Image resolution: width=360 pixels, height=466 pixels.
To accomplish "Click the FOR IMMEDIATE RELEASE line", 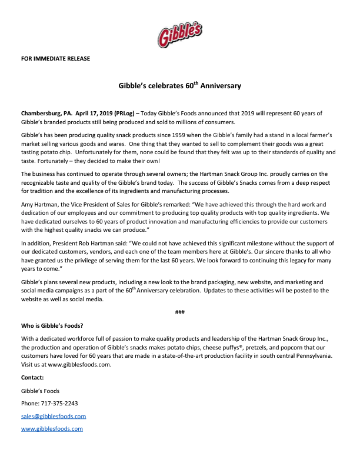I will click(x=55, y=58).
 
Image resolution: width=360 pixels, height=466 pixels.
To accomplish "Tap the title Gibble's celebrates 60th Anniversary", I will click(x=180, y=86).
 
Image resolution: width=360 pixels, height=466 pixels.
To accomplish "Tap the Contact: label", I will click(x=32, y=377).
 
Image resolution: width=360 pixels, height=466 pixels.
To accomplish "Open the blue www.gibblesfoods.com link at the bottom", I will click(x=52, y=429).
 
